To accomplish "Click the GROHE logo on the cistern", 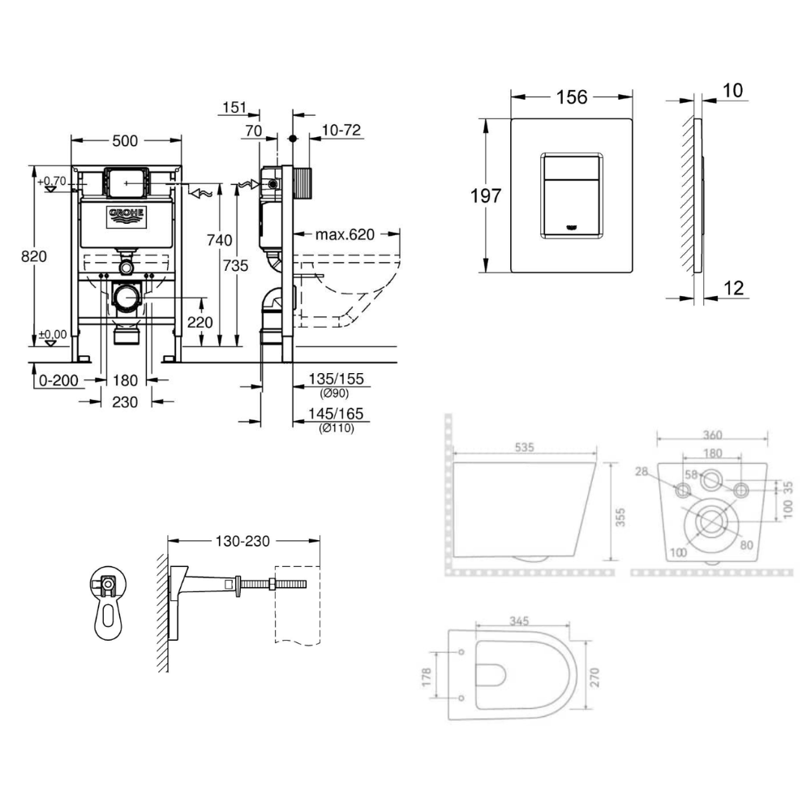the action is click(127, 217).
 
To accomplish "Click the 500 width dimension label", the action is click(125, 140).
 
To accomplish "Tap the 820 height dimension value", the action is click(33, 256).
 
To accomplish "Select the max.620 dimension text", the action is click(345, 234).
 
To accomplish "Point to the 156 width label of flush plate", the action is click(572, 97).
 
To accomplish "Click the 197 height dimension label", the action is click(486, 196).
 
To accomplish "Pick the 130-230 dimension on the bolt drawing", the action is click(242, 541).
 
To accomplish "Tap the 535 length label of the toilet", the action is click(524, 448).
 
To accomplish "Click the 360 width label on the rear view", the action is click(712, 435).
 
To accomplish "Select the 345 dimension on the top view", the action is click(519, 620).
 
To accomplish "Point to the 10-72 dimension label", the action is click(341, 130).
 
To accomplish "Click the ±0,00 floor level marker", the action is click(52, 335).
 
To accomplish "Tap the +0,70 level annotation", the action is click(52, 182).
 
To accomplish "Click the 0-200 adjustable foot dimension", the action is click(58, 380).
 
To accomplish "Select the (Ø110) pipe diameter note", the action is click(337, 427).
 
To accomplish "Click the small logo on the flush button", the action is click(572, 226).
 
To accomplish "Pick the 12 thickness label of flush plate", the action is click(733, 288).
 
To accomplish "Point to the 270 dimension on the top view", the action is click(594, 677).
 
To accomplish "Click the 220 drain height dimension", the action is click(200, 322).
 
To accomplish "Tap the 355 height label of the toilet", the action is click(620, 517).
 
